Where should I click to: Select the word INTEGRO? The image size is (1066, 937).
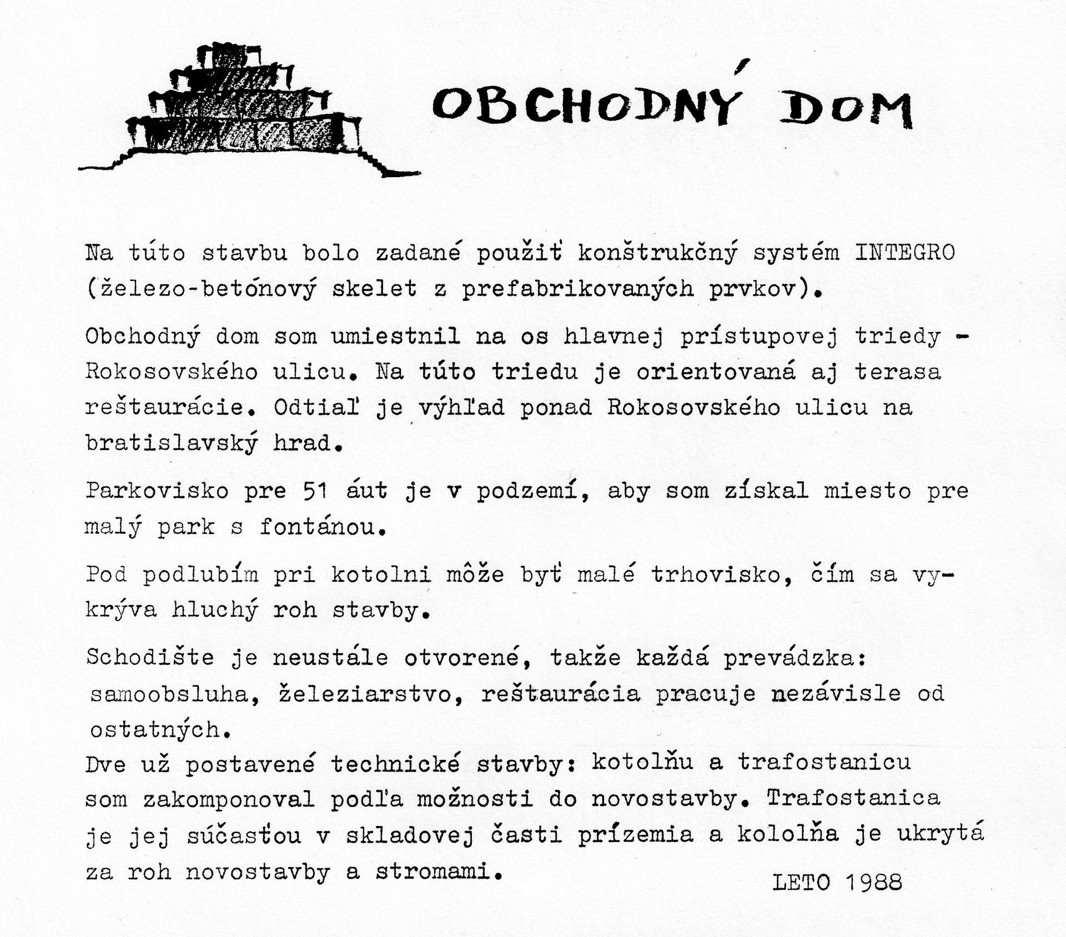[904, 253]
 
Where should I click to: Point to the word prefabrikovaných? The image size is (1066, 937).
[577, 289]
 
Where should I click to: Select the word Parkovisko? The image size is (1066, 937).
[157, 491]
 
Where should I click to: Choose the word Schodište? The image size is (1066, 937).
[150, 658]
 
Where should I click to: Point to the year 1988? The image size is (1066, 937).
[876, 883]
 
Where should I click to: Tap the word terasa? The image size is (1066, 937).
[898, 372]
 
